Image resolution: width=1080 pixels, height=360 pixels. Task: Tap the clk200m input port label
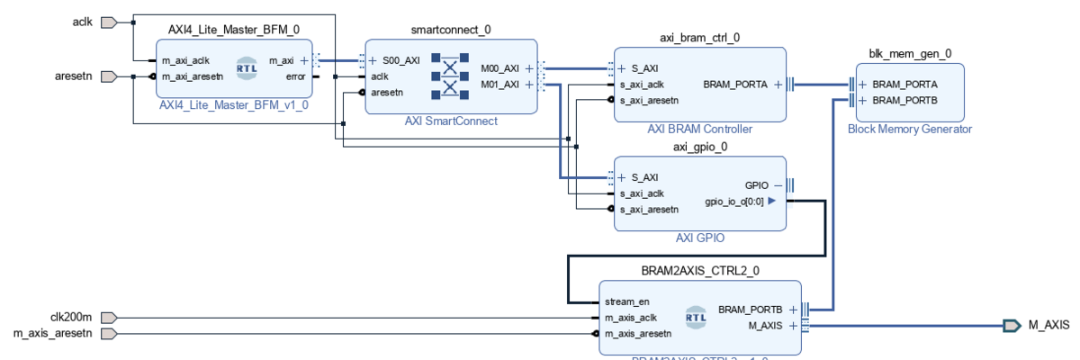[x=71, y=317]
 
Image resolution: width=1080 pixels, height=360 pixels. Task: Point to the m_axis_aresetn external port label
[x=53, y=334]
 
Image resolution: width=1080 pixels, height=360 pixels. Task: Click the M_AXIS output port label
[x=1048, y=325]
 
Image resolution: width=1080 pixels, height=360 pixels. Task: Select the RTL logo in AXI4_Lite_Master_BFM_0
[x=247, y=67]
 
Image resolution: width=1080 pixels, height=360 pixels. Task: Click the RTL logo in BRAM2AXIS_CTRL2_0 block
[x=696, y=317]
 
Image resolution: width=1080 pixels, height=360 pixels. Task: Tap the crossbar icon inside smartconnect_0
[x=450, y=76]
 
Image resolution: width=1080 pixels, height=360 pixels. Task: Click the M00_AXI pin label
[x=500, y=67]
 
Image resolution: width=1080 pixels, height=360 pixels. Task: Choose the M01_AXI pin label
[x=500, y=85]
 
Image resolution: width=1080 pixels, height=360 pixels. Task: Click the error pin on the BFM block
[x=295, y=76]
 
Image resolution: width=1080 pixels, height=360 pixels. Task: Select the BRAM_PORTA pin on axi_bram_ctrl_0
[x=735, y=85]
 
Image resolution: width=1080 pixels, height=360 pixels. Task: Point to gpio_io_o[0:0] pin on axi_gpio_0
[x=733, y=202]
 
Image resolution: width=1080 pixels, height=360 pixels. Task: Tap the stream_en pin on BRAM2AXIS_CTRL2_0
[x=626, y=301]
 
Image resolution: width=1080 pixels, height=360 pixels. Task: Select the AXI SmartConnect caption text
[x=451, y=121]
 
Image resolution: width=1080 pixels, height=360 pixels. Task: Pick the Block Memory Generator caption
[x=910, y=130]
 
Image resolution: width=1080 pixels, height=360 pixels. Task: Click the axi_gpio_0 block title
[x=700, y=147]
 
